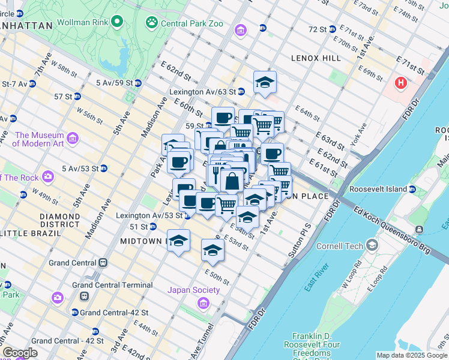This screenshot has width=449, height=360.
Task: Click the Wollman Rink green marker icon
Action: (117, 23)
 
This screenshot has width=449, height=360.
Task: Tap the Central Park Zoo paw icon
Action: (151, 23)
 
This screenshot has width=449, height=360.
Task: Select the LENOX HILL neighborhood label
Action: (316, 58)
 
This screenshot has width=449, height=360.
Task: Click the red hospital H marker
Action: (400, 82)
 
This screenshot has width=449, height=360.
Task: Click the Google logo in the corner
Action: (19, 352)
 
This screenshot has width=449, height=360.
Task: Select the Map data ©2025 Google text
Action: (412, 355)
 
